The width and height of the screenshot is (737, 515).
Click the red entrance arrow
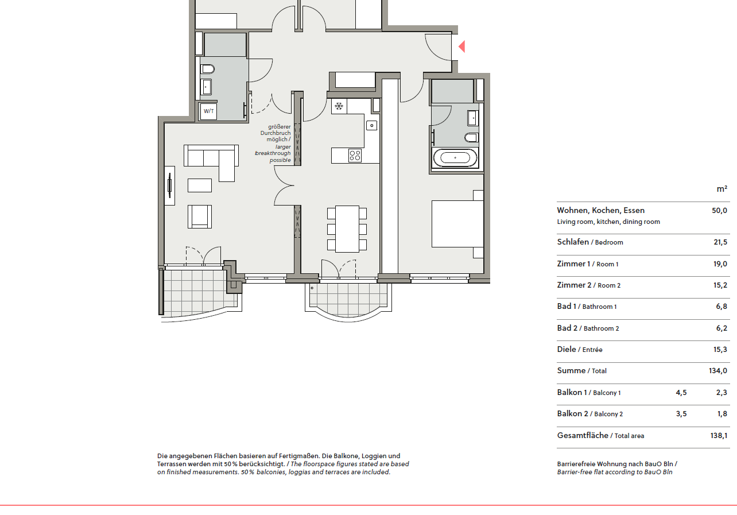click(462, 47)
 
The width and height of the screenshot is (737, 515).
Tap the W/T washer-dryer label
click(208, 111)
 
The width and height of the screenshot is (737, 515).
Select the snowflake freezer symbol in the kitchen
click(339, 106)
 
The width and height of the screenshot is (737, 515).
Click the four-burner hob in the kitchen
click(355, 156)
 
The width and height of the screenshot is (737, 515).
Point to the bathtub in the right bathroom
click(455, 158)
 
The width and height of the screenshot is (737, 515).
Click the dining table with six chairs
click(347, 229)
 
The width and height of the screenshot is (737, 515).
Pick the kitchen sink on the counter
click(372, 125)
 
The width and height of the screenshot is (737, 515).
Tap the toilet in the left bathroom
click(208, 69)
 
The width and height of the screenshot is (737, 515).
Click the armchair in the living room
click(200, 216)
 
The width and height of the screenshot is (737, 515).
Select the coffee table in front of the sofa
click(200, 185)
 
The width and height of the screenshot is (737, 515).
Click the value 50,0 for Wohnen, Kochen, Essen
click(719, 211)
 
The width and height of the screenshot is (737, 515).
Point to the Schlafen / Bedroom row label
click(590, 242)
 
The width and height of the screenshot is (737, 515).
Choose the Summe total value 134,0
click(718, 371)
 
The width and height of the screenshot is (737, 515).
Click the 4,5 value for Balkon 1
click(681, 393)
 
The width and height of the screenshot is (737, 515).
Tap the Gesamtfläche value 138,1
click(719, 436)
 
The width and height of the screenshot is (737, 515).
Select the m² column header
click(722, 189)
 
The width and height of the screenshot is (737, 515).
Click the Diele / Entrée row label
click(580, 350)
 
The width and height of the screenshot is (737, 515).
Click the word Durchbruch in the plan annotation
click(276, 133)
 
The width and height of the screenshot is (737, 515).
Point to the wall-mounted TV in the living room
click(170, 185)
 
